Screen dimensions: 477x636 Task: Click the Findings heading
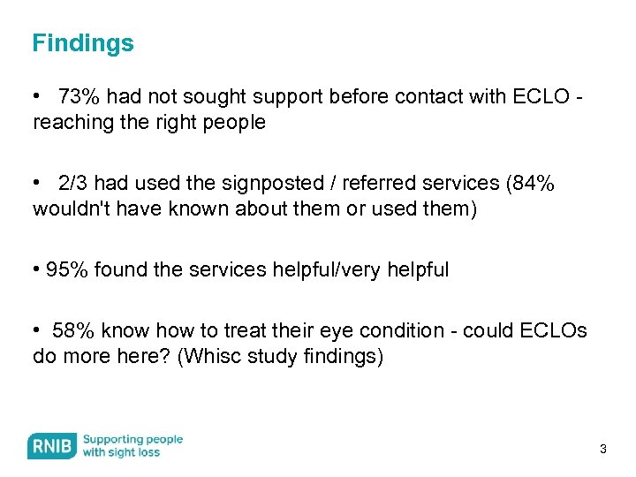coord(83,43)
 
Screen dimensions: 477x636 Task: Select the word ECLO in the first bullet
coord(541,96)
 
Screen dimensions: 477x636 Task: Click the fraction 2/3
coord(73,184)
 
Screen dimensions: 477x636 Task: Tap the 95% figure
coord(67,269)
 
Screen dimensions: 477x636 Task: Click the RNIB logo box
coord(51,446)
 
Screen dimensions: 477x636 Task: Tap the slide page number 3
coord(603,450)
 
